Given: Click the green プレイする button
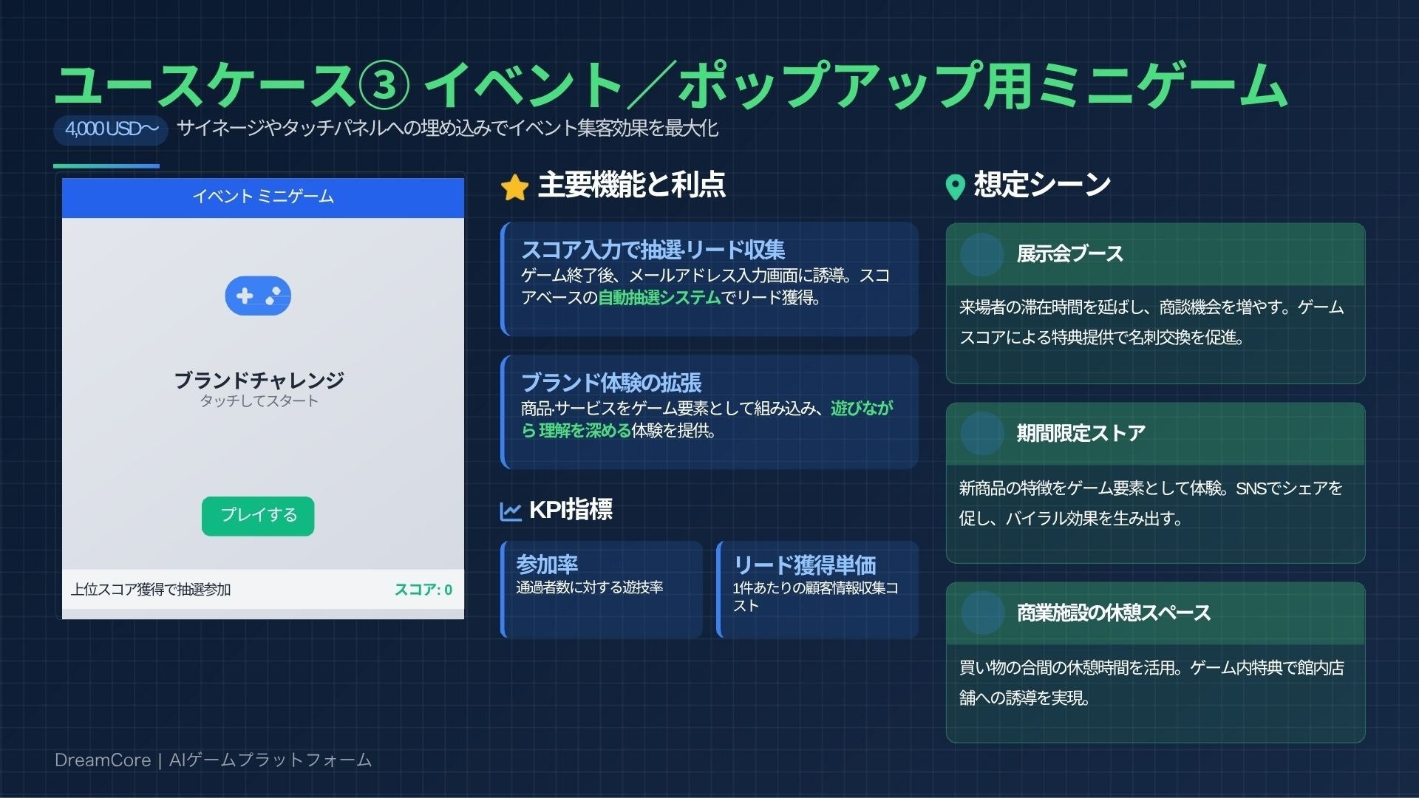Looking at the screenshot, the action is tap(258, 516).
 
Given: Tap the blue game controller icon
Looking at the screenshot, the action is tap(258, 296).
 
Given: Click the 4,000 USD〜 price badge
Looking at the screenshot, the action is tap(111, 129).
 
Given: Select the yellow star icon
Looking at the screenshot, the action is tap(514, 188).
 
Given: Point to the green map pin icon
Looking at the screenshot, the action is tap(955, 187).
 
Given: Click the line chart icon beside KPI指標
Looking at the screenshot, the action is tap(511, 511).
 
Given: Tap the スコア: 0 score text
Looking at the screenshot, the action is tap(423, 590).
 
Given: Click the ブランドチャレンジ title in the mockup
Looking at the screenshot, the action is tap(259, 380).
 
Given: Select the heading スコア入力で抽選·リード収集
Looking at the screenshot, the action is tap(653, 250).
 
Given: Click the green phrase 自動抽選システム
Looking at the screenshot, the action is tap(659, 298).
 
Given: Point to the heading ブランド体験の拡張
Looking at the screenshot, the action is tap(611, 383).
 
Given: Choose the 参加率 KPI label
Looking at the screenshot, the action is tap(547, 565).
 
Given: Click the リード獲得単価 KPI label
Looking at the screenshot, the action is tap(804, 565).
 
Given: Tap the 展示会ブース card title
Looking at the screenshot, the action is tap(1069, 254).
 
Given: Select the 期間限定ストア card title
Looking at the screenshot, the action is tap(1081, 433).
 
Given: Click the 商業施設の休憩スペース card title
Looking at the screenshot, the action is tap(1113, 613).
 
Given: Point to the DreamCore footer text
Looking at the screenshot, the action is tap(213, 760).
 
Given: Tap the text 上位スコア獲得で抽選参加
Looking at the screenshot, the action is tap(151, 590).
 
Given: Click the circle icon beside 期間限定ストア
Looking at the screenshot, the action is tap(981, 434).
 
